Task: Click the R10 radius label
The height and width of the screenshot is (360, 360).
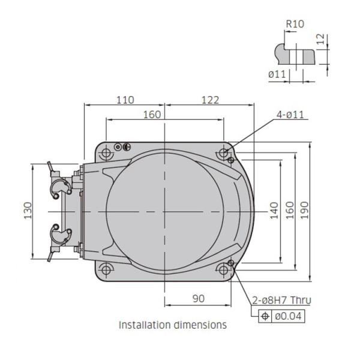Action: point(295,24)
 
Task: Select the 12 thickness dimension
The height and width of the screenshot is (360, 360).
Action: point(320,39)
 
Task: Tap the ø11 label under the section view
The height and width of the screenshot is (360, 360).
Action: point(277,74)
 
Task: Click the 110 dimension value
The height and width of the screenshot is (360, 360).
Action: point(125,100)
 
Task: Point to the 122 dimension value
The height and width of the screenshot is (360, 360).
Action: point(211,100)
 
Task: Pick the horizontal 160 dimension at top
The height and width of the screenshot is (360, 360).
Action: point(152,115)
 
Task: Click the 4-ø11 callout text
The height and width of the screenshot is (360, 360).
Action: point(290,115)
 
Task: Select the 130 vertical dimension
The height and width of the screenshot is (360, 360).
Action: point(28,211)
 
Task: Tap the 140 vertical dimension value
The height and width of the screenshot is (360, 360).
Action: point(274,211)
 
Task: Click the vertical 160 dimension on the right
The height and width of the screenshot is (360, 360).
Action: point(290,211)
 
